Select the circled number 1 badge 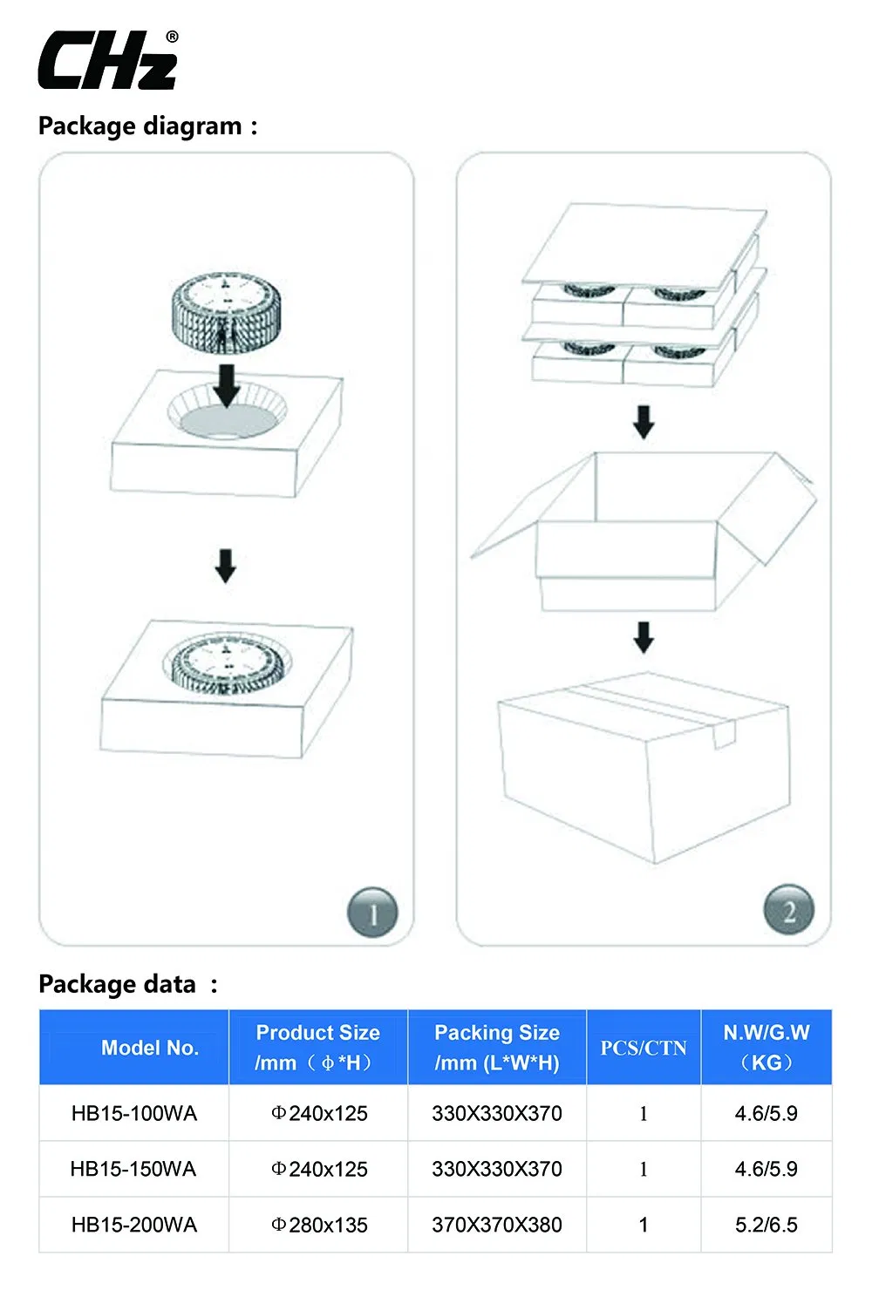pyautogui.click(x=372, y=913)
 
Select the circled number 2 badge pyautogui.click(x=788, y=911)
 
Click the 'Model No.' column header pyautogui.click(x=149, y=1048)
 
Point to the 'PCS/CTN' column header pyautogui.click(x=644, y=1048)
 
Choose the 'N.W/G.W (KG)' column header pyautogui.click(x=766, y=1048)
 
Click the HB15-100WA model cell pyautogui.click(x=134, y=1113)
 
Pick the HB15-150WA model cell pyautogui.click(x=133, y=1169)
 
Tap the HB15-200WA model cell pyautogui.click(x=134, y=1225)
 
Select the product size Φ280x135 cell pyautogui.click(x=319, y=1225)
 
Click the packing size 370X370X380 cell pyautogui.click(x=497, y=1225)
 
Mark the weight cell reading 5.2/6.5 pyautogui.click(x=766, y=1225)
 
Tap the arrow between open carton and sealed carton pyautogui.click(x=644, y=637)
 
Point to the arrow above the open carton pyautogui.click(x=644, y=422)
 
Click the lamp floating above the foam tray pyautogui.click(x=226, y=312)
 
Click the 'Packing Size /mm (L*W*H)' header pyautogui.click(x=497, y=1048)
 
